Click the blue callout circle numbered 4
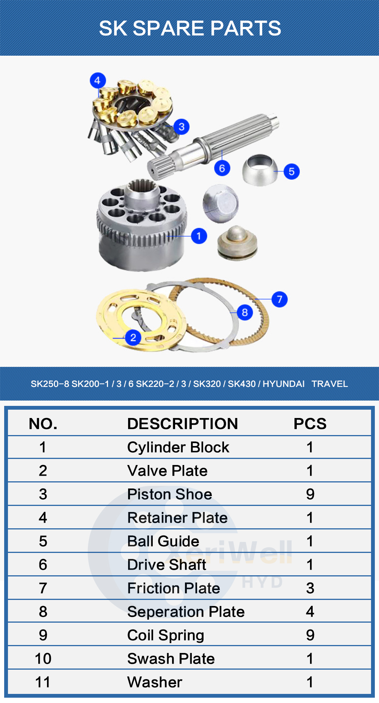click(97, 81)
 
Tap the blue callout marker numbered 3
click(182, 127)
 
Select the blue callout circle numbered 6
click(222, 168)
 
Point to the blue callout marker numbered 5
click(291, 172)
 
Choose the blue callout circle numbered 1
click(199, 236)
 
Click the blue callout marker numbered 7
click(280, 299)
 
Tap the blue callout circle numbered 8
click(245, 312)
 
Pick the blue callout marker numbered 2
click(133, 338)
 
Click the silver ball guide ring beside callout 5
click(260, 170)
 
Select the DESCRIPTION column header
click(182, 424)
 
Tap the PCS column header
click(310, 424)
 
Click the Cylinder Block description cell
click(178, 447)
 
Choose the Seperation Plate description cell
click(186, 612)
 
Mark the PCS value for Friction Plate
click(310, 588)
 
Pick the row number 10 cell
click(43, 659)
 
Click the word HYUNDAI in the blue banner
click(283, 384)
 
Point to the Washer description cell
click(155, 682)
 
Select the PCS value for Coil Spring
click(310, 635)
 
